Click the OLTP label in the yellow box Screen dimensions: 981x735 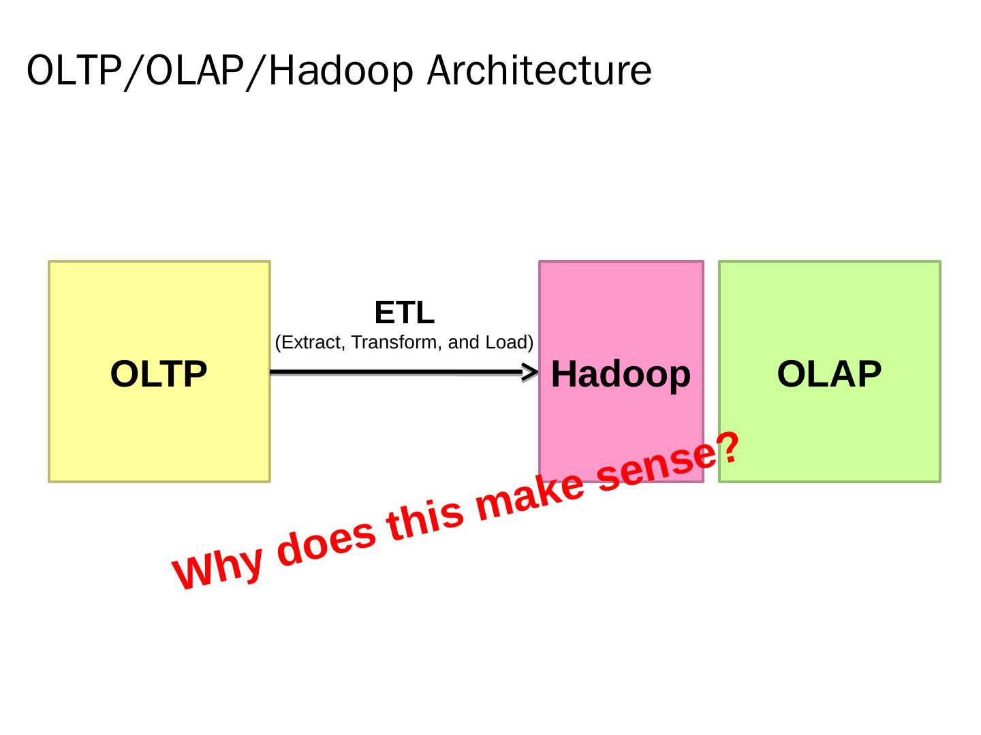pyautogui.click(x=159, y=374)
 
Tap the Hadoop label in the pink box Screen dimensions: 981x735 pyautogui.click(x=621, y=374)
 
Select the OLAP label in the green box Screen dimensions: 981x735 pyautogui.click(x=829, y=374)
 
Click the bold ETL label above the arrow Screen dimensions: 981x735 pyautogui.click(x=404, y=313)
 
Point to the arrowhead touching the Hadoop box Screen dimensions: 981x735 pyautogui.click(x=531, y=372)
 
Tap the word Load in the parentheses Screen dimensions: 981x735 pyautogui.click(x=505, y=342)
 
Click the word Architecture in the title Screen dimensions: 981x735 pyautogui.click(x=539, y=70)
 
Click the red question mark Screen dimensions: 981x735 pyautogui.click(x=728, y=447)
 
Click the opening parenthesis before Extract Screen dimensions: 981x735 pyautogui.click(x=278, y=342)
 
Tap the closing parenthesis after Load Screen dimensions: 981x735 pyautogui.click(x=530, y=342)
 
